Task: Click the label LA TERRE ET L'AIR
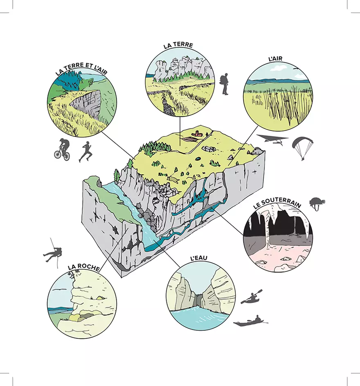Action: [81, 68]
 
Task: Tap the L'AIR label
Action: [275, 59]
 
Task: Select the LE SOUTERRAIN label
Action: [277, 203]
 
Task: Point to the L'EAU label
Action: [199, 258]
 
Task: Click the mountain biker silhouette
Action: [62, 149]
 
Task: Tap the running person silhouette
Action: [85, 151]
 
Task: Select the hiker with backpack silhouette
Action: [224, 84]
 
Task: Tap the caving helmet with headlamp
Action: [317, 204]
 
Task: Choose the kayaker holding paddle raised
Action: [252, 297]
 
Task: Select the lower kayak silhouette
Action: [250, 321]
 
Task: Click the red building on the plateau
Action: [198, 134]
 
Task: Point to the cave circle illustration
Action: [278, 237]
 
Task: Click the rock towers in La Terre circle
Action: [182, 68]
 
